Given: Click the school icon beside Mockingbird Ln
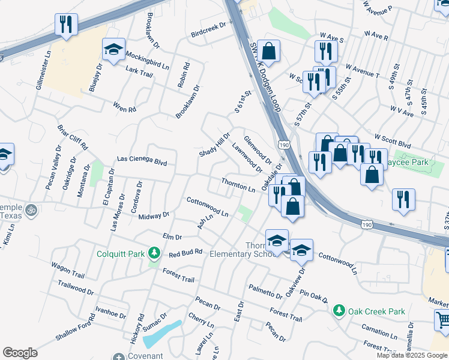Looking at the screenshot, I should coord(112,50).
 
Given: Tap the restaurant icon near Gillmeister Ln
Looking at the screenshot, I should coord(65,25).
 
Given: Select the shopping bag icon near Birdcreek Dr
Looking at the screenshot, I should coord(270,51).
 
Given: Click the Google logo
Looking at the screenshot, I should coord(20,353).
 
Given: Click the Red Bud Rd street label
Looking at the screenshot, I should coord(185,254).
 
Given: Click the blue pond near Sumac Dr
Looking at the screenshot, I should coord(162,333).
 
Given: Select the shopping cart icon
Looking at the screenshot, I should coord(442,321).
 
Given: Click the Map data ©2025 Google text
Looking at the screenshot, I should coord(412,355).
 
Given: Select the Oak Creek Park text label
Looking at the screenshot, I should coord(377,312).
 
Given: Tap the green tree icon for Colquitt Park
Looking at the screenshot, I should coord(155,253).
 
